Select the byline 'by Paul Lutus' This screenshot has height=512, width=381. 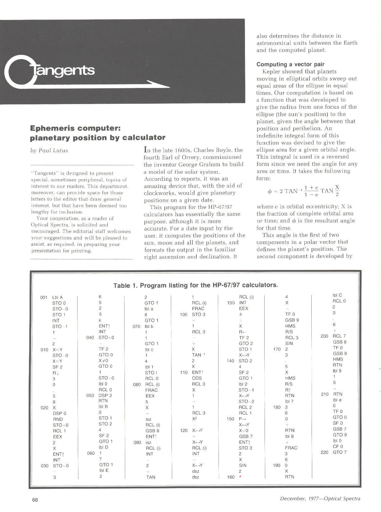click(49, 151)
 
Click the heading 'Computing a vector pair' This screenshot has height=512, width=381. click(290, 64)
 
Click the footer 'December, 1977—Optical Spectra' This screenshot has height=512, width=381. click(320, 499)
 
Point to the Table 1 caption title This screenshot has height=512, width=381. click(195, 285)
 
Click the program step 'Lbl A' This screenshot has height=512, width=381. click(58, 297)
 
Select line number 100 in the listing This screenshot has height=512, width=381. click(184, 314)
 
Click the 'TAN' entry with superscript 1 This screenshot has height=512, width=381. click(198, 355)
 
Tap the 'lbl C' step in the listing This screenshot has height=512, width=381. click(337, 295)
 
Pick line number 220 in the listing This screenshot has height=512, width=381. click(324, 452)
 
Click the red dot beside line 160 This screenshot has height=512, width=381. click(240, 477)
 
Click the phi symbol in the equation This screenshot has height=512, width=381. click(270, 191)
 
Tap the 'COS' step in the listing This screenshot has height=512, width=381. click(197, 378)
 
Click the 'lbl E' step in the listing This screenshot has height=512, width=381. click(104, 470)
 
